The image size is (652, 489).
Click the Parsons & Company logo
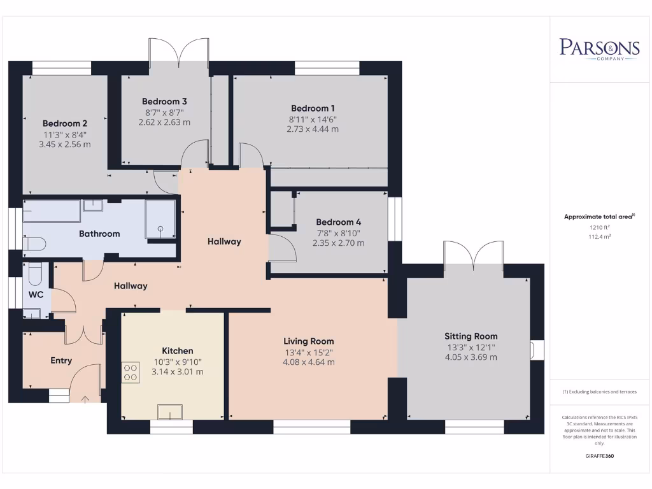tap(599, 49)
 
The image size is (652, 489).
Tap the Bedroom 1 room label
tap(313, 108)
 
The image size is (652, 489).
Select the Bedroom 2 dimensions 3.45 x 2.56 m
tap(65, 145)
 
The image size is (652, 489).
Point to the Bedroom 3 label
tap(164, 101)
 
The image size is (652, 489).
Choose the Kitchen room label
tap(178, 351)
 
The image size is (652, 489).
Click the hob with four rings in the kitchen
tap(131, 372)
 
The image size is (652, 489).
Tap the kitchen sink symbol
tap(170, 412)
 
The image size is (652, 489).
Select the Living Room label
tap(309, 341)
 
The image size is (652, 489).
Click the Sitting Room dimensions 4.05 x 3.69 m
tap(471, 357)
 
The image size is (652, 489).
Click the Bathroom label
tap(99, 234)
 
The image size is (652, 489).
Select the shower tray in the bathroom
tap(160, 219)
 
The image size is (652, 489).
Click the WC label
tap(36, 295)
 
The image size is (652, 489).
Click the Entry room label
tap(61, 360)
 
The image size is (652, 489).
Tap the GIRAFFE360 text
tap(599, 456)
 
